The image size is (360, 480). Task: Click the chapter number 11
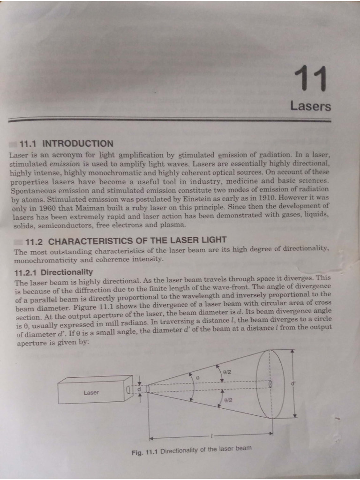coord(310,79)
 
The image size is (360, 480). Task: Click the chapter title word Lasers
coord(310,106)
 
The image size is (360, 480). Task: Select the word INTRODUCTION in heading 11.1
coord(78,144)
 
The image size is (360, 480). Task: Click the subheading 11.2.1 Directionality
coord(54,272)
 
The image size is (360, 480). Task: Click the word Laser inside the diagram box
coord(91,392)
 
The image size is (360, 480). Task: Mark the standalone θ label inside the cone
coord(198,376)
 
